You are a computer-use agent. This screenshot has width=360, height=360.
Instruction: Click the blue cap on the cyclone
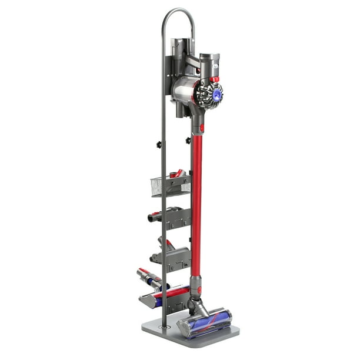[x=217, y=94]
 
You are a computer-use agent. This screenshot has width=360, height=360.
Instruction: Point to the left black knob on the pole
[x=159, y=143]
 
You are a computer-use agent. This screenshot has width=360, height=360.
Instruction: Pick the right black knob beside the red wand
[x=188, y=141]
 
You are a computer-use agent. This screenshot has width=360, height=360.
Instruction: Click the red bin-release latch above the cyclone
[x=215, y=79]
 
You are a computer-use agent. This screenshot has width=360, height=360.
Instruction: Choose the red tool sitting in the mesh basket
[x=177, y=174]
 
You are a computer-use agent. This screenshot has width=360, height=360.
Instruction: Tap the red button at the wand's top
[x=201, y=128]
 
